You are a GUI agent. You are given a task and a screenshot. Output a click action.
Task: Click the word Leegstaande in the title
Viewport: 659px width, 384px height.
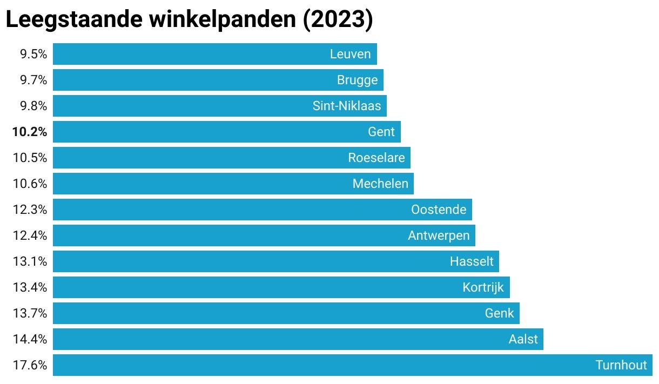[74, 20]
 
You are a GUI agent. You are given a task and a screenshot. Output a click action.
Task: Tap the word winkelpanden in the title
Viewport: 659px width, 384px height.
[223, 20]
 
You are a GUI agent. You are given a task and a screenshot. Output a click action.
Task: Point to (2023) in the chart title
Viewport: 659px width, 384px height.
[338, 20]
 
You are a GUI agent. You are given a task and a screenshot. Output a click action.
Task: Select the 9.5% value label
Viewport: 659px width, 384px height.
[33, 54]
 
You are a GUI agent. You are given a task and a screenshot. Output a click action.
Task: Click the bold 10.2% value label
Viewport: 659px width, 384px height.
[30, 132]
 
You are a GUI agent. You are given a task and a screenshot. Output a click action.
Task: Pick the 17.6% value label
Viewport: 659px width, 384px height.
[30, 365]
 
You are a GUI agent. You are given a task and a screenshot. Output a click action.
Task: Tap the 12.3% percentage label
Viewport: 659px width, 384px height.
[30, 210]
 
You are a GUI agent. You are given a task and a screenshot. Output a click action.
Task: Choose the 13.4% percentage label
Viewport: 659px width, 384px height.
[30, 287]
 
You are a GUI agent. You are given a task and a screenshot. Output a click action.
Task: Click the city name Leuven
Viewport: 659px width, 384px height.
[350, 54]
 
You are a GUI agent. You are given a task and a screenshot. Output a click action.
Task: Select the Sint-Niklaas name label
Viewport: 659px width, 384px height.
[347, 106]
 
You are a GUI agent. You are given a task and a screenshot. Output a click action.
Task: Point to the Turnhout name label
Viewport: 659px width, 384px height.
[621, 365]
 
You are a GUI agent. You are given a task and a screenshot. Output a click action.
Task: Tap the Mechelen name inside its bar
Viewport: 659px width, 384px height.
[380, 184]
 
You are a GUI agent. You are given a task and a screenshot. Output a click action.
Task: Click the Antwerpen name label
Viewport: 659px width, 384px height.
[439, 235]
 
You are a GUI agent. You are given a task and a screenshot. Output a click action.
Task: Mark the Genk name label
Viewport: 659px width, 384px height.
[499, 313]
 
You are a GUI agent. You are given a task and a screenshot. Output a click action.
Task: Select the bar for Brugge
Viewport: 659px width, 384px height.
[218, 80]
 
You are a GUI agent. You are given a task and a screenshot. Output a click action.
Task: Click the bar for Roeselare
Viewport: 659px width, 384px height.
[232, 158]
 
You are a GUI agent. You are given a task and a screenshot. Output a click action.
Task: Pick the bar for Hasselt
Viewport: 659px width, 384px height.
[276, 261]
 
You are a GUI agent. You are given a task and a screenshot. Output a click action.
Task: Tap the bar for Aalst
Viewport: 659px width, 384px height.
[298, 339]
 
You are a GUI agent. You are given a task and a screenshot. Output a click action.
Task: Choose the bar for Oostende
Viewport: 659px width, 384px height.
[263, 210]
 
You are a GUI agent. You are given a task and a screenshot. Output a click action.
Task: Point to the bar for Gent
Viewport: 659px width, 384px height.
[227, 132]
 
